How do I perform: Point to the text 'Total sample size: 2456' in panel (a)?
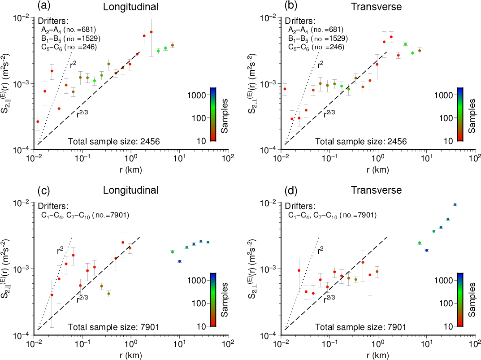(114, 142)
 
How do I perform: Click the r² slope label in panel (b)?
(320, 65)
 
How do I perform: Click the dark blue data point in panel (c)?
(179, 261)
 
